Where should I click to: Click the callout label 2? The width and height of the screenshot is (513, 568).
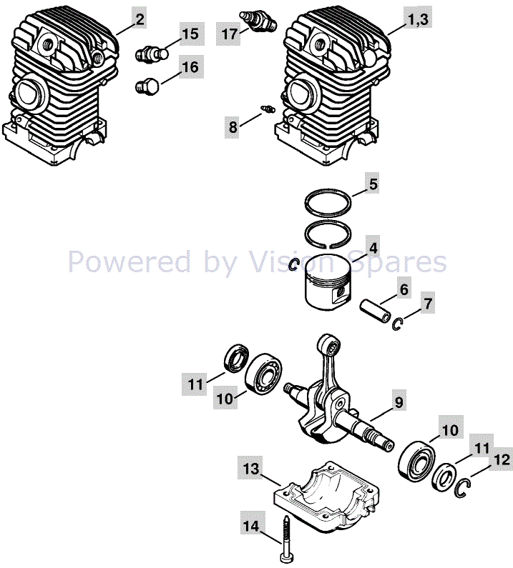click(x=140, y=19)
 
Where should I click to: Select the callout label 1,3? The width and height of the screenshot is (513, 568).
click(x=418, y=19)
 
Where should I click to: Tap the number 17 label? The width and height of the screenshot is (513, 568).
click(x=230, y=34)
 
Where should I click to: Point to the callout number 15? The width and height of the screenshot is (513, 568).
click(x=191, y=34)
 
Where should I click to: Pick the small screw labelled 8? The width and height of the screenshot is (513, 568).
click(x=268, y=109)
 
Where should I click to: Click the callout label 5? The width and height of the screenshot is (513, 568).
click(x=373, y=184)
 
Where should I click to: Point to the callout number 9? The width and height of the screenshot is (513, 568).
click(x=399, y=402)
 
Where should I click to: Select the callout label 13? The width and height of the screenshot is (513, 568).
click(x=251, y=469)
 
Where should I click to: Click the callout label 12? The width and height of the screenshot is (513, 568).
click(x=502, y=459)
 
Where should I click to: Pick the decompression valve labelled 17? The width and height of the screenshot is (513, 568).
click(x=259, y=21)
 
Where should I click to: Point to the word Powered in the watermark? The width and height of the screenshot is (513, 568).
click(x=130, y=261)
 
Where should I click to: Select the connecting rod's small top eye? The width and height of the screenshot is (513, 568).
click(x=329, y=346)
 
